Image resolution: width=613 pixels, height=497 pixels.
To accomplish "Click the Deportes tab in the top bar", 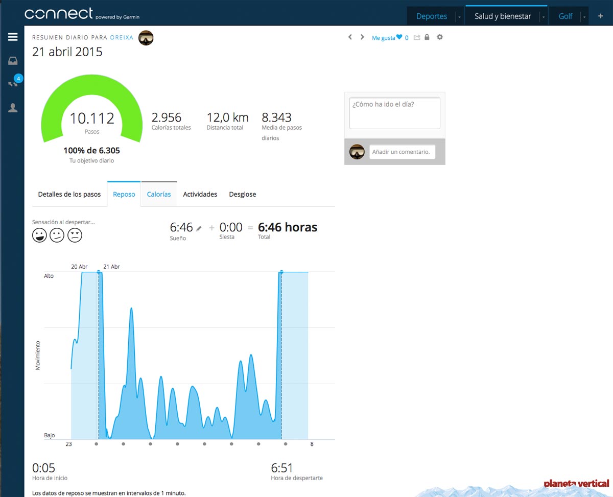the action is (432, 16).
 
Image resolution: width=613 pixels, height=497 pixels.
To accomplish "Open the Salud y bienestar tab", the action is (503, 16).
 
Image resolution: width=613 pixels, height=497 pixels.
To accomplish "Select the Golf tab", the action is (565, 16).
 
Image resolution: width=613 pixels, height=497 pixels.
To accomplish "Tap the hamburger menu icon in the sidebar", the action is (13, 37).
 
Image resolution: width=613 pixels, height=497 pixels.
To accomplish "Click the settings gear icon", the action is (439, 37).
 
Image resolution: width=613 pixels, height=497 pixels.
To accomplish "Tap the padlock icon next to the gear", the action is (427, 37).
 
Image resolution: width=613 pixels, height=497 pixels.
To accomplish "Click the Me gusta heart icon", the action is (399, 37).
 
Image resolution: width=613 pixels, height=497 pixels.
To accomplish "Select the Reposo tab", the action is (124, 194).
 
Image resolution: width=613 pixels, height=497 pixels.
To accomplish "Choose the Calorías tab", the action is (159, 194).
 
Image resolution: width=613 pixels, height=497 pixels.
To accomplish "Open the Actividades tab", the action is (200, 194).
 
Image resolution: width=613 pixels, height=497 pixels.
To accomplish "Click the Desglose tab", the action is (242, 194).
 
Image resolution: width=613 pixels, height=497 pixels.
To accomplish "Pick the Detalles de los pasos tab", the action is (69, 194).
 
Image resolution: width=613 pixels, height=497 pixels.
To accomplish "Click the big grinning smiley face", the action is (39, 235).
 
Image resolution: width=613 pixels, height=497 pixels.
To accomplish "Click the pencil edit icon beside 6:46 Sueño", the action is (199, 228).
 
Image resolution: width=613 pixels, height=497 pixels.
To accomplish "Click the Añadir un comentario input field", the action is (402, 152).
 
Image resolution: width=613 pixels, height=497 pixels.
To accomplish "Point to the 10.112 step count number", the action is (92, 119).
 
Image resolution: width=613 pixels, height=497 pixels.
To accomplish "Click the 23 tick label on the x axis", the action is (68, 444).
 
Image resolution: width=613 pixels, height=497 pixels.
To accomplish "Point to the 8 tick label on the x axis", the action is (312, 444).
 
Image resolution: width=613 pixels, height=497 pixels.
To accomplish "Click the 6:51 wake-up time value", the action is (282, 468).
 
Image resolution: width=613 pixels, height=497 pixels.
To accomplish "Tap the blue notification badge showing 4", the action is (18, 78).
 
